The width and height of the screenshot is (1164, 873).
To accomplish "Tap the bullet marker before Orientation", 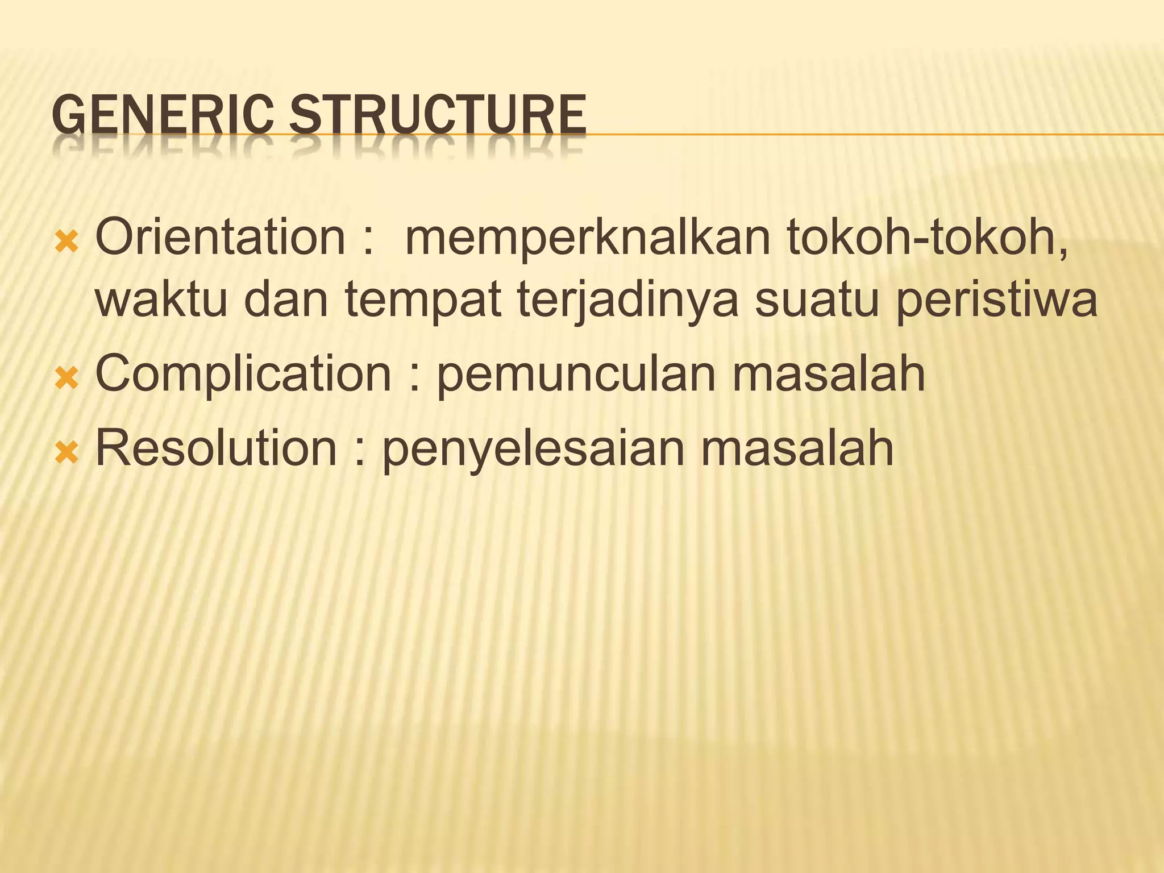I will (x=66, y=243).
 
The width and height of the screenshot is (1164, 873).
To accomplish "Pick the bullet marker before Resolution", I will (x=66, y=453).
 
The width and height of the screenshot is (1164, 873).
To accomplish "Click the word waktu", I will (x=161, y=300).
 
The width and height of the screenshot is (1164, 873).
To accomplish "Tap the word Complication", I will (x=243, y=376).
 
